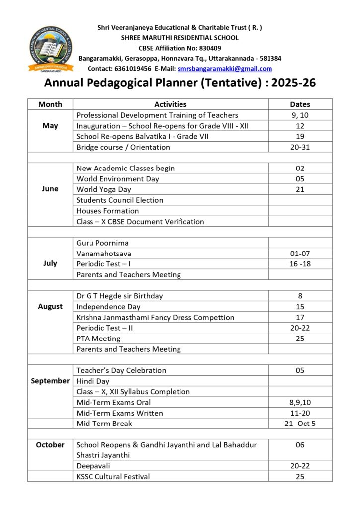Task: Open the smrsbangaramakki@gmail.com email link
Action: click(x=225, y=69)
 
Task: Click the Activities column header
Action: click(x=170, y=104)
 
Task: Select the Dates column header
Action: click(x=300, y=104)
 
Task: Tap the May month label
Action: click(x=50, y=126)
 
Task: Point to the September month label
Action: click(x=50, y=381)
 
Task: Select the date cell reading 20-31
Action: click(x=300, y=147)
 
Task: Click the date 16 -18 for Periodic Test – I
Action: click(x=300, y=264)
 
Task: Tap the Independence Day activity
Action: click(x=108, y=307)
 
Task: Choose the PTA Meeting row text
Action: click(x=98, y=339)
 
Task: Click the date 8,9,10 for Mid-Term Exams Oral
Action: click(x=300, y=402)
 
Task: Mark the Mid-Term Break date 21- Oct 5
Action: click(x=300, y=424)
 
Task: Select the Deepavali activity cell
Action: click(x=93, y=466)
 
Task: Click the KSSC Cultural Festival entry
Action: click(x=113, y=477)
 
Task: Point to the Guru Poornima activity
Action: click(x=102, y=243)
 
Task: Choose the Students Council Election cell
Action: click(x=120, y=200)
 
